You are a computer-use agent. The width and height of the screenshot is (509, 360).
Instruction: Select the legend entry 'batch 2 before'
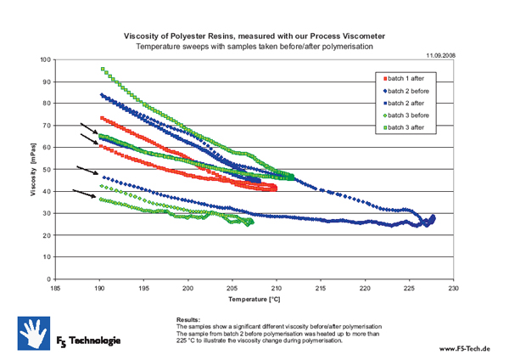click(x=414, y=89)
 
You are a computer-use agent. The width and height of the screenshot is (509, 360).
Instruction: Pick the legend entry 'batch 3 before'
click(x=414, y=114)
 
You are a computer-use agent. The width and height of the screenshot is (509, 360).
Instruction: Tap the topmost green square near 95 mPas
click(x=103, y=70)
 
